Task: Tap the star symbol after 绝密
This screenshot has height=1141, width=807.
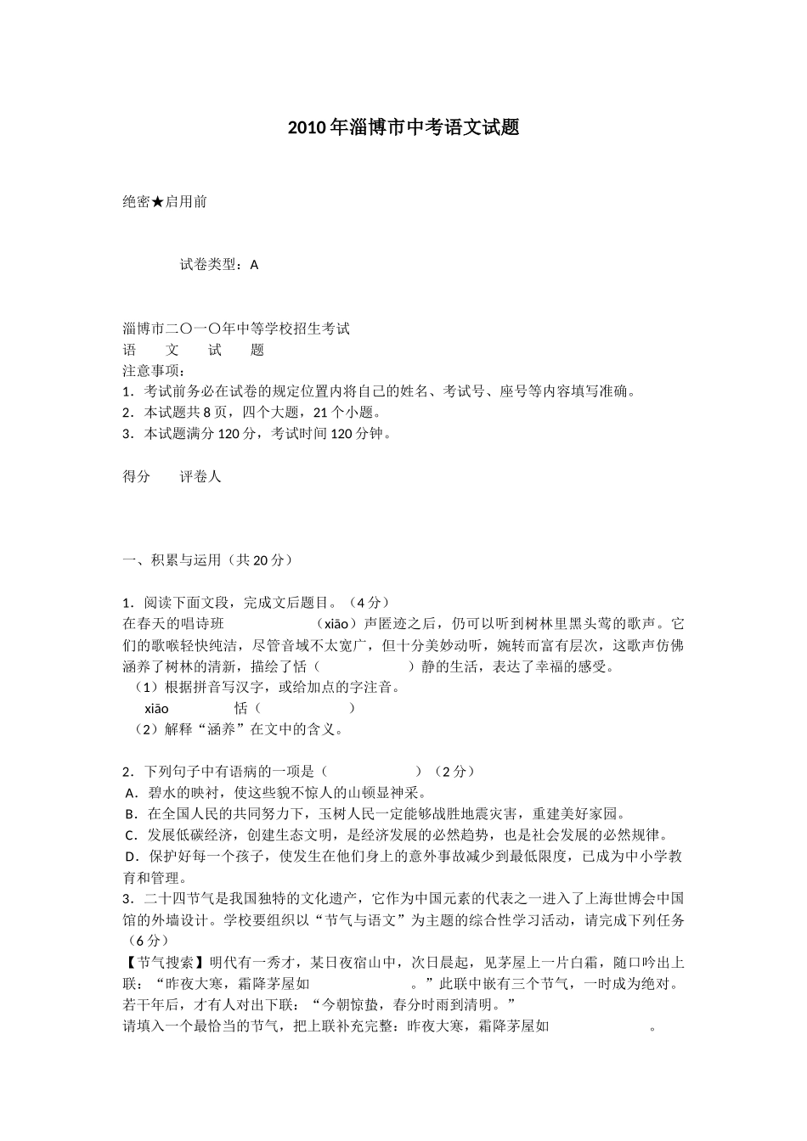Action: (x=157, y=202)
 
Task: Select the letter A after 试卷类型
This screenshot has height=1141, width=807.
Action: (x=255, y=265)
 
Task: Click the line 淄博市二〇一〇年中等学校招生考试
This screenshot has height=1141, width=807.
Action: (x=236, y=329)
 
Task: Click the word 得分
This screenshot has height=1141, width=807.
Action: (x=137, y=476)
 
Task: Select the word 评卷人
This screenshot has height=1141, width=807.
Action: (x=200, y=476)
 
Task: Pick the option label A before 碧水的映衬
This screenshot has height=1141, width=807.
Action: (x=130, y=793)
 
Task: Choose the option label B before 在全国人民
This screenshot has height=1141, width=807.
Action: (x=130, y=814)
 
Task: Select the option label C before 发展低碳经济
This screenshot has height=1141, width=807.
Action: (x=130, y=835)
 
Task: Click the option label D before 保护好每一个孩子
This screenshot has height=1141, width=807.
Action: (x=131, y=857)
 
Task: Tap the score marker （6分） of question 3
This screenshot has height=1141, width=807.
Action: (x=146, y=941)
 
